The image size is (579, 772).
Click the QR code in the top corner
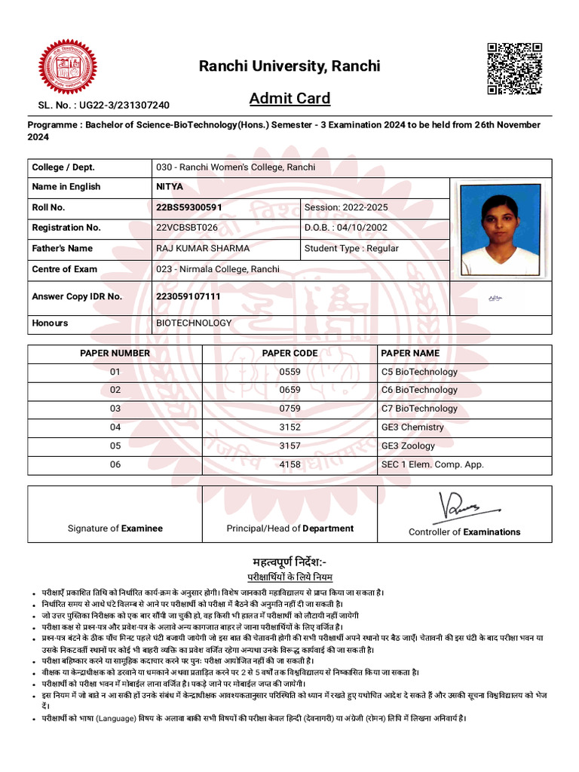click(514, 69)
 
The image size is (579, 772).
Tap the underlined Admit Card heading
click(289, 99)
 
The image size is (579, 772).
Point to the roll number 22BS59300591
click(189, 207)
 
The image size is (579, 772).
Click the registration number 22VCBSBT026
click(187, 228)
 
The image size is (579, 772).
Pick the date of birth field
click(346, 228)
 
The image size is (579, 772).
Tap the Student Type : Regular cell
click(351, 248)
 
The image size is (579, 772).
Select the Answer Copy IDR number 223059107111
click(188, 296)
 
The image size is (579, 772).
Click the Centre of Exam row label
click(65, 269)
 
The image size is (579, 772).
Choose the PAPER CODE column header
click(289, 353)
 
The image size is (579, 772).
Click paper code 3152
click(289, 427)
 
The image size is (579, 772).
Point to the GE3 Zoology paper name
click(408, 446)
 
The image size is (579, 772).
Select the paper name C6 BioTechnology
click(419, 390)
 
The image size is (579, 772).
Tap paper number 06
click(115, 464)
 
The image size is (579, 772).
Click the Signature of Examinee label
click(115, 528)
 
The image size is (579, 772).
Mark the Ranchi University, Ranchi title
click(289, 66)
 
